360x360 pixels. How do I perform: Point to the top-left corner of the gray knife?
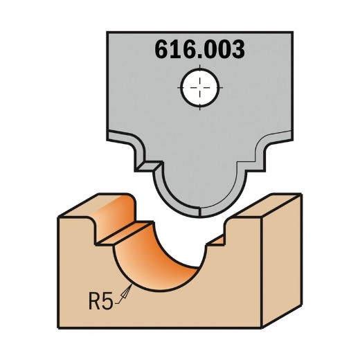[x=107, y=33]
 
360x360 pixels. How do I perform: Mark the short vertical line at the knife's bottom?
[x=200, y=212]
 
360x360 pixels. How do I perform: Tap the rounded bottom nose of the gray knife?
[x=200, y=206]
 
